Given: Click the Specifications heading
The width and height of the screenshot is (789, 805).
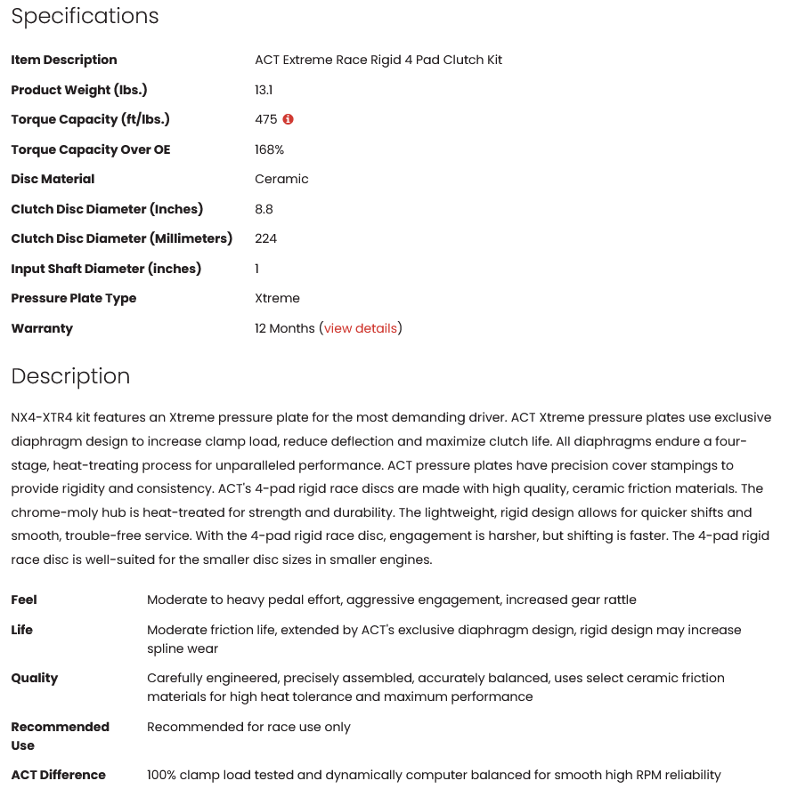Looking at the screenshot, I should point(85,16).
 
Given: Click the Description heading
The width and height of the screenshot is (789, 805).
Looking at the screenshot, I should point(70,376).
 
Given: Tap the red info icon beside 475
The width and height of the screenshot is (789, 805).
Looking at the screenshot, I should point(289,119).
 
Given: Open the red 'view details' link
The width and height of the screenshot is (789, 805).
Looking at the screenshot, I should point(361,328).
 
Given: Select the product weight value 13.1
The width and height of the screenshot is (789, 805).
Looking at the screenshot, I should point(264,90).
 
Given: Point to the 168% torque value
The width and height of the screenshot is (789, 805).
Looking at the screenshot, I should point(269,149).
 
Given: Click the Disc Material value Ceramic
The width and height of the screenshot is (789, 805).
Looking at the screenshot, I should point(281,179).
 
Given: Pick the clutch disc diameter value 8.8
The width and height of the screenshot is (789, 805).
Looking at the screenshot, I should point(264,209).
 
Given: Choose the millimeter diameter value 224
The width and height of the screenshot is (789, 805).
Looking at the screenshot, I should point(265,238).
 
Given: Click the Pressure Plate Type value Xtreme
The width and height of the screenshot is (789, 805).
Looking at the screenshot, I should point(277,298).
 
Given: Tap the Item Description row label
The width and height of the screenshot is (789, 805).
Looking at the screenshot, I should point(64,60).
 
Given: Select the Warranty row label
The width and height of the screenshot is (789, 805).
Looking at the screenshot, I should point(42,328).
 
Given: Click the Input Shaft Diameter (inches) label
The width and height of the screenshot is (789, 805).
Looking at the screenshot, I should point(106,269).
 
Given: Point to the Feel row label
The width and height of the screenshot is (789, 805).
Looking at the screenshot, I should point(24,600).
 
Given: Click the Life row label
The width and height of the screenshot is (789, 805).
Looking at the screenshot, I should point(22,630).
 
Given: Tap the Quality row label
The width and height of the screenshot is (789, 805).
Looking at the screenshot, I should point(35,678).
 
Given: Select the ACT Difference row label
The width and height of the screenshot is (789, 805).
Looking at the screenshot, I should point(58,775).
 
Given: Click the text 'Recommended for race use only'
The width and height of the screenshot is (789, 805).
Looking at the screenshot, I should point(248,727).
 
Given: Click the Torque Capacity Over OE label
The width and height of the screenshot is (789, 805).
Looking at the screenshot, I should point(90,149).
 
